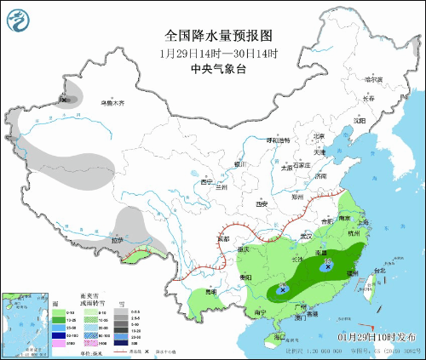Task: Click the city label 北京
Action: (x=318, y=136)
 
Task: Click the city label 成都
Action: (x=223, y=240)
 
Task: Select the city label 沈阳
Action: (x=359, y=120)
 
